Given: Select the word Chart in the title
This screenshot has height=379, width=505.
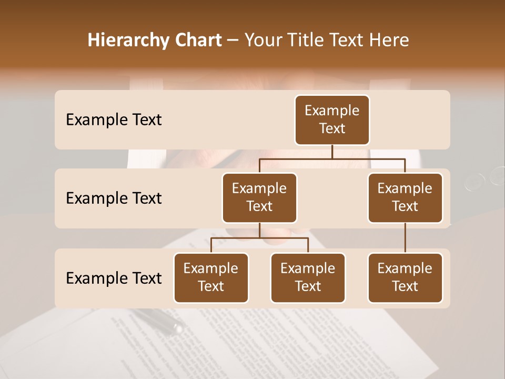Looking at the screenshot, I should tap(196, 40).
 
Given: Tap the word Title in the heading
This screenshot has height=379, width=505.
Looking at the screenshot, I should tap(300, 40).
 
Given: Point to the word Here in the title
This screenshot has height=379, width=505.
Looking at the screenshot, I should tap(389, 40).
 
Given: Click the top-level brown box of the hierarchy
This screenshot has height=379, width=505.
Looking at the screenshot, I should tap(332, 119).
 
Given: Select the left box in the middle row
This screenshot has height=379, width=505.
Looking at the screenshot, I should tap(259, 197).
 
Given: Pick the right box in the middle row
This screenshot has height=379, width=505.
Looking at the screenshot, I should tap(405, 197).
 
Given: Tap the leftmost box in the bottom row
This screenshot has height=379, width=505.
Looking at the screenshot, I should tap(211, 277).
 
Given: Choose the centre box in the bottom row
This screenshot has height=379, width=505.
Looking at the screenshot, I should tap(308, 277).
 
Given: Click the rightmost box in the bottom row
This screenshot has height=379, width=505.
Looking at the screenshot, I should tap(405, 277).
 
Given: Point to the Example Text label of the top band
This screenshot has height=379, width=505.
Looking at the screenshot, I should tap(114, 119).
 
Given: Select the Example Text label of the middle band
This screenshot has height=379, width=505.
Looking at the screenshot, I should tap(114, 198).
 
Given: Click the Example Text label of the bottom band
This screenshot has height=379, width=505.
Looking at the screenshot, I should tap(114, 278).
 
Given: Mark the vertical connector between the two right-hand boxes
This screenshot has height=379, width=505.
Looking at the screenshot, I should tap(405, 238).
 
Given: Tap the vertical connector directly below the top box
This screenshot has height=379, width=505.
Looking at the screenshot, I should tap(332, 152).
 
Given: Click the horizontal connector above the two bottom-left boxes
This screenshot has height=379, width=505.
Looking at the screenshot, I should tap(259, 238).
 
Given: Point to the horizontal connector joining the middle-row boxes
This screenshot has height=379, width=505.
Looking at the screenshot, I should tap(332, 158).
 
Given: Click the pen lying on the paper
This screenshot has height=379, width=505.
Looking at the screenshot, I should tap(158, 320).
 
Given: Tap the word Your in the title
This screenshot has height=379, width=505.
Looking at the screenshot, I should tap(261, 40).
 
